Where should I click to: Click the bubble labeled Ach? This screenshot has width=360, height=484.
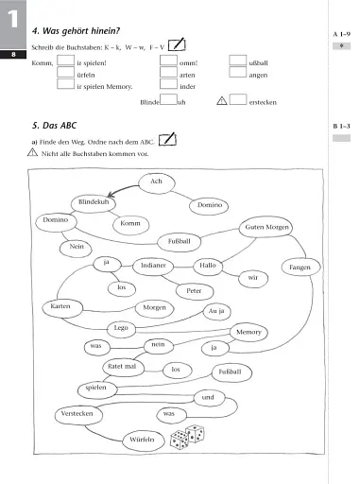point(157,181)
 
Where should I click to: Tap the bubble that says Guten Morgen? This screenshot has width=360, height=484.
point(268,228)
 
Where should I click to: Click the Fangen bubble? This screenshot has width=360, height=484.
point(300,268)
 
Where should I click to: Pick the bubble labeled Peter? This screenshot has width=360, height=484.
point(196,290)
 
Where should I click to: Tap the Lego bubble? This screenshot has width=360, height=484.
point(120,327)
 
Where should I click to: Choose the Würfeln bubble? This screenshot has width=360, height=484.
point(143,441)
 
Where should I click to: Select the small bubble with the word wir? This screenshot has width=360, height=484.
point(253,278)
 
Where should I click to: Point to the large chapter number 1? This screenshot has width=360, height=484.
point(12,21)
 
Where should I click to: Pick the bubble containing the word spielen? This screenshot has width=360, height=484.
point(70,388)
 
